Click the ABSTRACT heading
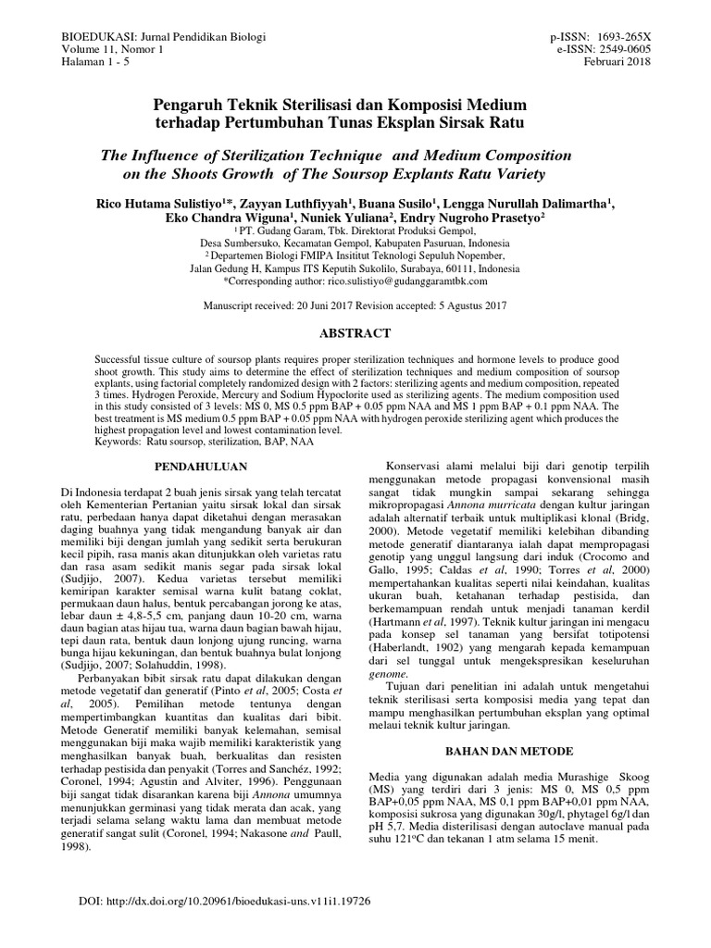click(355, 332)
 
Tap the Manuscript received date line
click(355, 305)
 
